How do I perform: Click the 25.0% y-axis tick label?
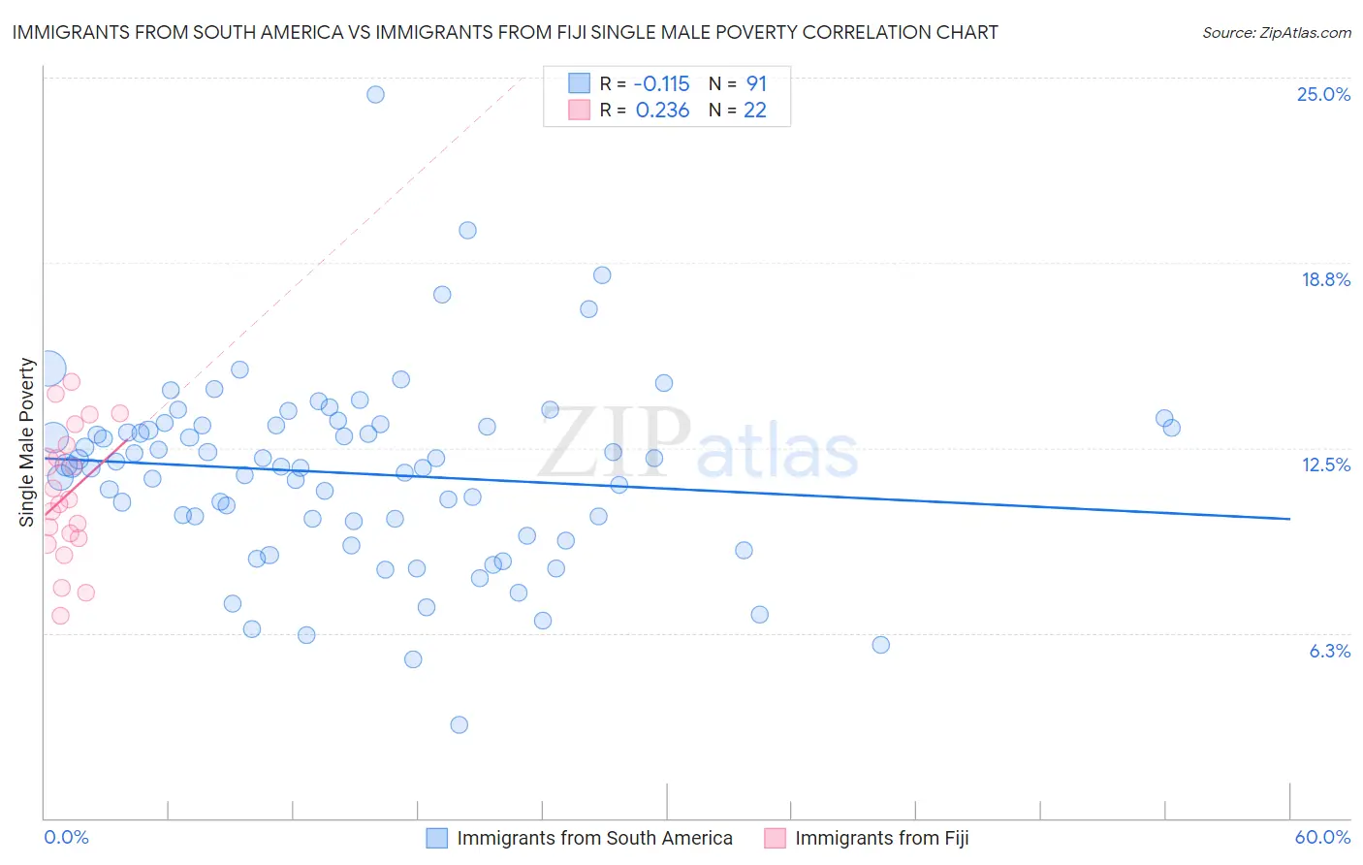tap(1323, 94)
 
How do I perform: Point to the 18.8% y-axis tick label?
tap(1325, 279)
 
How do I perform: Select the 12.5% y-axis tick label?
tap(1325, 465)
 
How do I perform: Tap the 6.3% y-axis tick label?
tap(1329, 651)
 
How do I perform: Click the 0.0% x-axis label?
tap(66, 837)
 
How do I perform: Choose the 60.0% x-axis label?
tap(1322, 837)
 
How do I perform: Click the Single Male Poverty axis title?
tap(27, 442)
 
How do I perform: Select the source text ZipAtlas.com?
tap(1276, 33)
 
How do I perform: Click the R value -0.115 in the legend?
tap(662, 83)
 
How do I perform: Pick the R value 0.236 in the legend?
tap(662, 110)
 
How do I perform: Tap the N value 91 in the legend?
tap(756, 83)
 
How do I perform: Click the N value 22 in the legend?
tap(754, 110)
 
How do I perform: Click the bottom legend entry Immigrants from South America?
tap(594, 838)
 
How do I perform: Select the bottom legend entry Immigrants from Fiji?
tap(881, 838)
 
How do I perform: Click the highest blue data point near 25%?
tap(375, 94)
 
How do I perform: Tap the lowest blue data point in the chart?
tap(460, 724)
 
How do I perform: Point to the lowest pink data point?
tap(60, 616)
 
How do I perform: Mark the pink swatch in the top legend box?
tap(579, 110)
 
